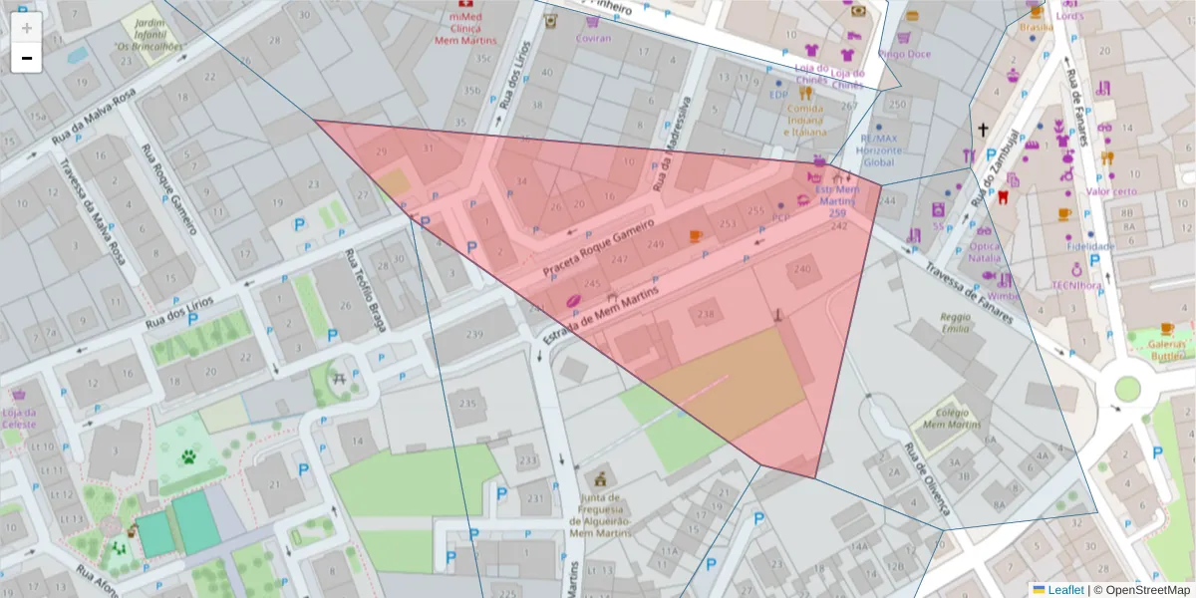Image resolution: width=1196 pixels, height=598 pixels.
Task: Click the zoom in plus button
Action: coord(27,28)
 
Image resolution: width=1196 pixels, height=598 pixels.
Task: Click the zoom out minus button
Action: coord(27,58)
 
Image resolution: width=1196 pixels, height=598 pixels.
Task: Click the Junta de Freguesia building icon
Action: coord(600,477)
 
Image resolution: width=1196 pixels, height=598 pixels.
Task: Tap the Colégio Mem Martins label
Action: coord(945,419)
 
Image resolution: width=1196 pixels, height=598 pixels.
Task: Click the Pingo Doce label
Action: coord(905,54)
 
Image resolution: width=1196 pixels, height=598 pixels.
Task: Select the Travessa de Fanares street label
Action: coord(968,288)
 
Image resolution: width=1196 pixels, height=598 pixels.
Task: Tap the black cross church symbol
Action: coord(983,130)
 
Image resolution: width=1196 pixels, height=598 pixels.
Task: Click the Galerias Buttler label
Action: coord(1166,349)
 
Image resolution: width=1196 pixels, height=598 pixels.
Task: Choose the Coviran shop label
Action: coord(593,38)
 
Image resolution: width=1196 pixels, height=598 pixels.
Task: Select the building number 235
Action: coord(466,404)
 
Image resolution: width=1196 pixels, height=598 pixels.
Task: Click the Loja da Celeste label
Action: coord(18,418)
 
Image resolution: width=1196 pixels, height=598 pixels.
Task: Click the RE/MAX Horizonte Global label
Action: coord(881,150)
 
